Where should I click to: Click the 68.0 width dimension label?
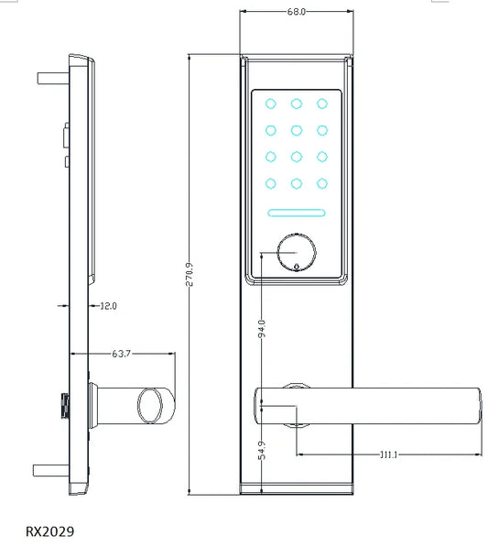pos(296,13)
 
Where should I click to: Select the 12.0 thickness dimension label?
pos(108,306)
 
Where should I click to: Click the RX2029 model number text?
pos(49,531)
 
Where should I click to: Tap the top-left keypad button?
pos(272,103)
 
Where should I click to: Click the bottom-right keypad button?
pos(322,183)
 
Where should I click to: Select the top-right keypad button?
pos(322,103)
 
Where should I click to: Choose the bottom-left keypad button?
pos(272,183)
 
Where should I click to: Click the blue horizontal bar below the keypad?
pos(297,214)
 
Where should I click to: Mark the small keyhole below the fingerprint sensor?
pos(297,268)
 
